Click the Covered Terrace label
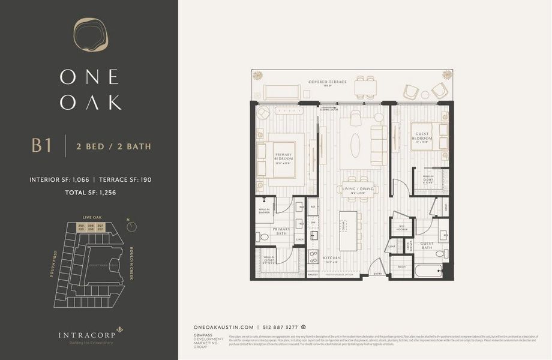pyautogui.click(x=328, y=82)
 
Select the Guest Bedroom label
pyautogui.click(x=422, y=139)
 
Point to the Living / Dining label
pyautogui.click(x=358, y=190)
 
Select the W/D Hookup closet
pyautogui.click(x=403, y=227)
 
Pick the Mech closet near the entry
pyautogui.click(x=401, y=266)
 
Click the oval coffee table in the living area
pyautogui.click(x=356, y=145)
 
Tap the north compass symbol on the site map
pyautogui.click(x=131, y=226)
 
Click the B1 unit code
pyautogui.click(x=41, y=146)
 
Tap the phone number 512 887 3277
pyautogui.click(x=281, y=327)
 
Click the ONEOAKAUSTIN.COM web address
pyautogui.click(x=225, y=327)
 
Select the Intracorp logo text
pyautogui.click(x=85, y=335)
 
